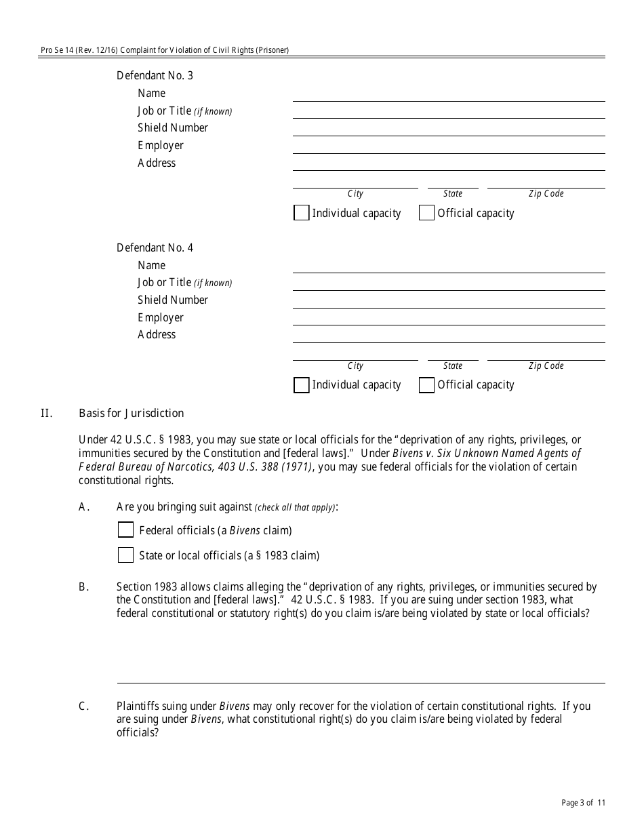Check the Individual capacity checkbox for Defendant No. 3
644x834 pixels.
302,213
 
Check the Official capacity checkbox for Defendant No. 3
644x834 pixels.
426,213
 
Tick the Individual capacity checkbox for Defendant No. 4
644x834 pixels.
302,385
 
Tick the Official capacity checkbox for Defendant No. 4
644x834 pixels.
426,385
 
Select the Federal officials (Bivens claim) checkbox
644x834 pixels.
125,530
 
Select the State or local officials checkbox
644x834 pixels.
125,555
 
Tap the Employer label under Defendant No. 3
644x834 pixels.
161,145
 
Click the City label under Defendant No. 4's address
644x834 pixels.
355,366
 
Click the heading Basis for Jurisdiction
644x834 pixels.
131,413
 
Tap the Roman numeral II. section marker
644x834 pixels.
46,413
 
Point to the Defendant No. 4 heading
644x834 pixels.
155,247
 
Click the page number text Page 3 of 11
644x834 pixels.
583,803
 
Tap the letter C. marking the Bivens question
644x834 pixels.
84,706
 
